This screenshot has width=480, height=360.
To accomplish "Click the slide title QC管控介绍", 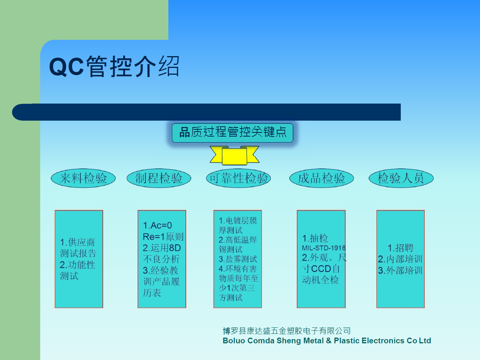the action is pos(114,66).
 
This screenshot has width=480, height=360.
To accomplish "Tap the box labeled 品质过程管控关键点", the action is pos(232,133).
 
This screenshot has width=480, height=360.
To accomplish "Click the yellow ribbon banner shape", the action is pos(234,156).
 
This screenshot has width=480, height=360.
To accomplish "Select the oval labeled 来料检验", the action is pos(83,178).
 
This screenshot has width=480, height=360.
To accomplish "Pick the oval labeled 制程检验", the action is pos(159,178).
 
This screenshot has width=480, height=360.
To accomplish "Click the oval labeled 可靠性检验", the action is pos(238,178).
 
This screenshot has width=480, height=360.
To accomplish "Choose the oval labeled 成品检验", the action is pos(322,178).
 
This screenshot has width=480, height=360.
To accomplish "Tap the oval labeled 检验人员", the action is pos(401,178).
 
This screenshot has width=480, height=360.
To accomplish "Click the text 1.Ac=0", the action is pos(157,225).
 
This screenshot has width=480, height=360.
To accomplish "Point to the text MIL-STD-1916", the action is pos(324,248).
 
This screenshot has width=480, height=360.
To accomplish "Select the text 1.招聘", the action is pos(401,248).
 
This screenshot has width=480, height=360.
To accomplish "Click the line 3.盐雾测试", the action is pos(238,259).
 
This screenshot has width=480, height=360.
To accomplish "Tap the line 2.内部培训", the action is pos(400,259).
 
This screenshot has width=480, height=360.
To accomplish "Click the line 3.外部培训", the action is pos(400,270).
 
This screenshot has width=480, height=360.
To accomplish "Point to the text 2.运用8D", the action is pos(162,248).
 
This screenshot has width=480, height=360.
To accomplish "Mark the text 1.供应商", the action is pos(77,242).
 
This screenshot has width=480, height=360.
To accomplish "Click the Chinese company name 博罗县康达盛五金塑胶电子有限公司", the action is pos(287,331).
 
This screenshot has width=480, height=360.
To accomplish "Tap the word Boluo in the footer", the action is pos(234,341).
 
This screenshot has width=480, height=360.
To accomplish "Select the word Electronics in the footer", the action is pos(383,341).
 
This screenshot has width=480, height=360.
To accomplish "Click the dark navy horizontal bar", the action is pos(206,112).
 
